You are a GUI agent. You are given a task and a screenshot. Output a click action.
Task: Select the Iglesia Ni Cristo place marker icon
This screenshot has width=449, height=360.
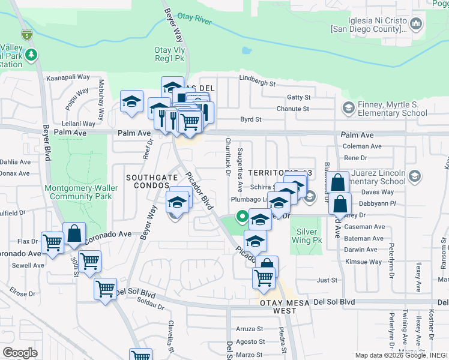(415, 24)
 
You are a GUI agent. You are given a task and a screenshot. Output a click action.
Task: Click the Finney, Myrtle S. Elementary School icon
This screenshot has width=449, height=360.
(347, 108)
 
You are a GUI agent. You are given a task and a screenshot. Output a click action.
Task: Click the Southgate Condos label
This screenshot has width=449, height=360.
(147, 182)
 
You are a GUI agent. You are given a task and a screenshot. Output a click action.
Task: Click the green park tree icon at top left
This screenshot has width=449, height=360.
(31, 56)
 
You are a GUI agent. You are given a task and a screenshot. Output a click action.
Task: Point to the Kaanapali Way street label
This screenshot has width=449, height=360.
(68, 78)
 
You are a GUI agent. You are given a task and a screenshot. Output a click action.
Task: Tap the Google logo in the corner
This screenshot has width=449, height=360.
(20, 352)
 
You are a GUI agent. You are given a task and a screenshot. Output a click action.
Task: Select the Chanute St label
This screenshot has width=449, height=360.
(292, 109)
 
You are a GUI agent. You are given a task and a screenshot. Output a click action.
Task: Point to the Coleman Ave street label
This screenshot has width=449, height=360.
(361, 146)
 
